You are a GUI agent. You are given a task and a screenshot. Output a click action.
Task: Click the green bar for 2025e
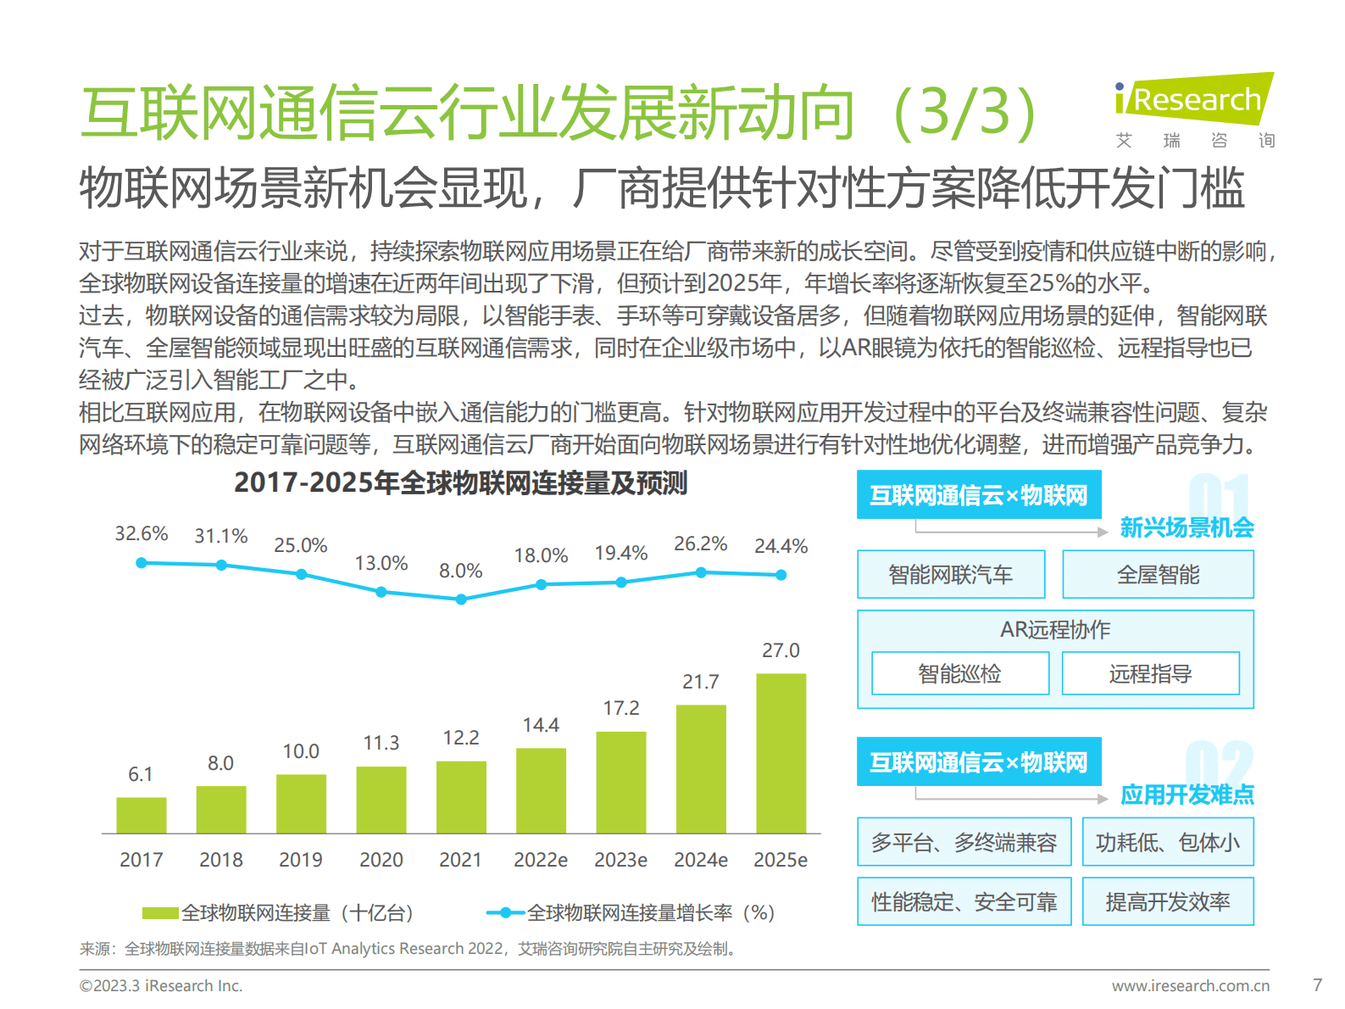[781, 753]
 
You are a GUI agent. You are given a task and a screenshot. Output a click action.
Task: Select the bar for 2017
[141, 815]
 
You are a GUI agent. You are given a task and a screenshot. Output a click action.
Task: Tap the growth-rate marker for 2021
[461, 599]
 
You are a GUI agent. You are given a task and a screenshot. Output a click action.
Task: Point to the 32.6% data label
[142, 533]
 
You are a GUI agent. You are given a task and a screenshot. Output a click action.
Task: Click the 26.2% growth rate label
[700, 544]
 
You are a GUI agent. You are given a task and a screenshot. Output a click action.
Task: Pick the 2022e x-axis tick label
[540, 860]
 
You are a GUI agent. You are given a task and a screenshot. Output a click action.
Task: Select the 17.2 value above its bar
[620, 708]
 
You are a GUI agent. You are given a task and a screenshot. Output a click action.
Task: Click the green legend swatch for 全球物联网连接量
[160, 913]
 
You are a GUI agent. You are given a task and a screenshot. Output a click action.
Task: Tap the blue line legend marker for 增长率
[505, 913]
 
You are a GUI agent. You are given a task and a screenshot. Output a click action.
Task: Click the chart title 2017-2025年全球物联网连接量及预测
[460, 482]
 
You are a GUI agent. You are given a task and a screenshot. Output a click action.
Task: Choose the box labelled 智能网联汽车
[950, 575]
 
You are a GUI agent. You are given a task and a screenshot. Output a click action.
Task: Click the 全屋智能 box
[1157, 575]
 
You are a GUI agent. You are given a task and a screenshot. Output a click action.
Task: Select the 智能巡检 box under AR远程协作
[959, 674]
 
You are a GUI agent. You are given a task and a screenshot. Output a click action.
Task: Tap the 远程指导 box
[1150, 674]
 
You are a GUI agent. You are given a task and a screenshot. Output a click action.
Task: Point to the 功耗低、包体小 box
[1167, 842]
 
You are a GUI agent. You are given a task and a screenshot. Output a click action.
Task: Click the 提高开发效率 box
[1167, 901]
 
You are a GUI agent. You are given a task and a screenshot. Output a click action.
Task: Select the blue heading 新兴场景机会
[1187, 527]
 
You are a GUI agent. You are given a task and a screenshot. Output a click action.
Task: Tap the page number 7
[1317, 985]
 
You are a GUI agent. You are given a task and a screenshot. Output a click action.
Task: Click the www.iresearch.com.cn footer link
[1190, 985]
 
